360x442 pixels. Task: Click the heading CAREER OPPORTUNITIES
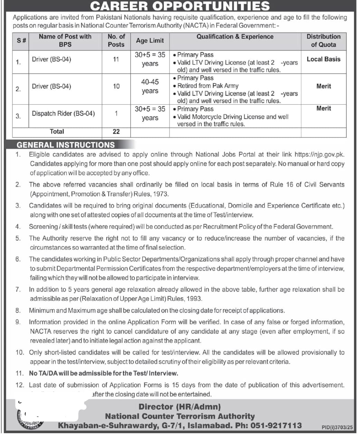(x=180, y=6)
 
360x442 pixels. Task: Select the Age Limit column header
(x=150, y=40)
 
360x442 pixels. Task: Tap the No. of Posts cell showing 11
(x=116, y=59)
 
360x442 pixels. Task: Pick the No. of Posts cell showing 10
(x=116, y=86)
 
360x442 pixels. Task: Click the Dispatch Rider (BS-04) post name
(x=63, y=113)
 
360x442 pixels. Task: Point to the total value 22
(x=116, y=132)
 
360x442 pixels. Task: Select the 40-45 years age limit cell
(x=150, y=86)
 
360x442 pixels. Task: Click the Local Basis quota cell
(x=323, y=59)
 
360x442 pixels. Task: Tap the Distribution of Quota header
(x=323, y=40)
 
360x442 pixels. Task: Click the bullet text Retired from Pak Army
(x=208, y=86)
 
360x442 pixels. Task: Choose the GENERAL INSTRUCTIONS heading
(x=66, y=145)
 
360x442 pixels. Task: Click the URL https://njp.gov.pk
(x=319, y=154)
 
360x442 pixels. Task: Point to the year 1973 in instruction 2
(x=161, y=194)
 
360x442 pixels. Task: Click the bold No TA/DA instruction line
(x=104, y=373)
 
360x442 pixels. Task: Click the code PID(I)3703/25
(x=337, y=427)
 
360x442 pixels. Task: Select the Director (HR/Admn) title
(x=180, y=407)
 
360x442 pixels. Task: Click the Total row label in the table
(x=57, y=132)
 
